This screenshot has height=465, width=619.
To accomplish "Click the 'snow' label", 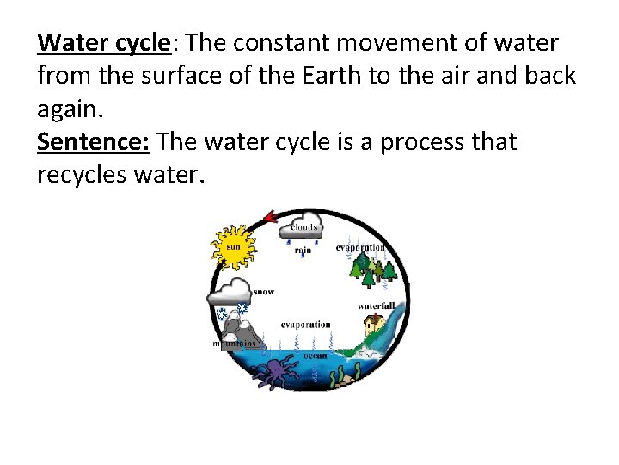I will coord(264,292).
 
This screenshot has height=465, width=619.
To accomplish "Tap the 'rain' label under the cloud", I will coord(303,251).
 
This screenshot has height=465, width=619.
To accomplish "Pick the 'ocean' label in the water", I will coord(314,356).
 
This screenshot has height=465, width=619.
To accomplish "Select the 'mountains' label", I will coord(234,344).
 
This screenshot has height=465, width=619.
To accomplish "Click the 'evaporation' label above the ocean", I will coord(305,325).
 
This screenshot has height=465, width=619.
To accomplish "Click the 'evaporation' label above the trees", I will coord(360,248).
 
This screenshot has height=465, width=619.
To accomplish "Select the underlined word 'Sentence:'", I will coord(94,141).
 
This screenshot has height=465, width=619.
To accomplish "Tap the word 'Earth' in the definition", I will coord(330,75).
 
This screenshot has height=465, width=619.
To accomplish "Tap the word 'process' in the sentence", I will coord(418,141).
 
